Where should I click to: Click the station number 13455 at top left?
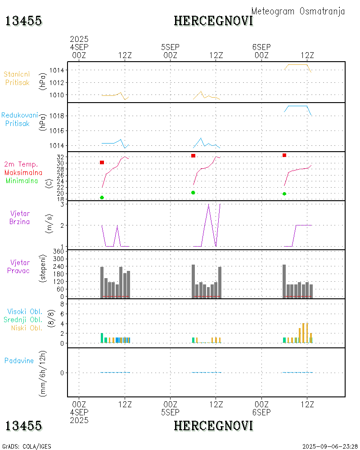[23, 21]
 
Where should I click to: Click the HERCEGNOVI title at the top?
[213, 21]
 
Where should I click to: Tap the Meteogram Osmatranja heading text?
[298, 11]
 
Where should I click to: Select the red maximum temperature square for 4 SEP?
[102, 162]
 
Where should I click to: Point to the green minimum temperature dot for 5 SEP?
[193, 193]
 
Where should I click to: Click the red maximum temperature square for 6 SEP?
[284, 155]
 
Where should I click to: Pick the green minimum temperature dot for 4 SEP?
[102, 198]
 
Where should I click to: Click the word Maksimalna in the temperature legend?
[23, 172]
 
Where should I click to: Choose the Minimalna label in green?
[23, 181]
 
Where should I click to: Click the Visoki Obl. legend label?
[25, 311]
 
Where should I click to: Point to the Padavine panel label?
[19, 360]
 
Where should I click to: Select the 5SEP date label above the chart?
[170, 47]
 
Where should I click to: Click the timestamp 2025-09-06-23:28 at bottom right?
[330, 446]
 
